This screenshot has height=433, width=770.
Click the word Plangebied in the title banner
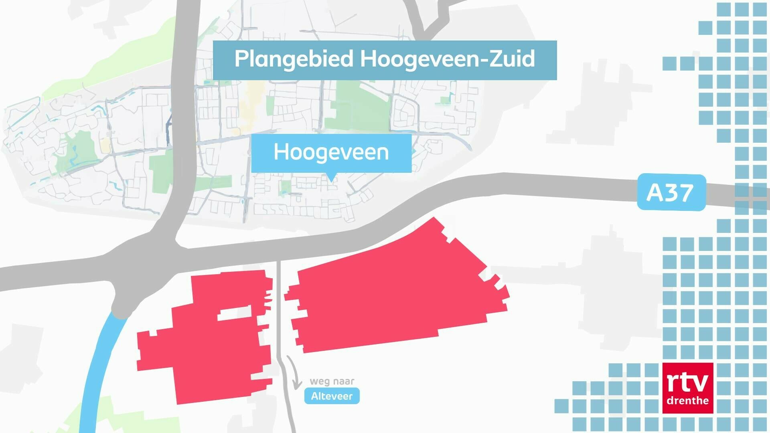tap(294, 59)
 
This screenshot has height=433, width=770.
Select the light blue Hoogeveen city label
tap(331, 152)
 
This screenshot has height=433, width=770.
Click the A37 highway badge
tap(671, 192)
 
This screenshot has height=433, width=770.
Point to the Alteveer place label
tap(332, 396)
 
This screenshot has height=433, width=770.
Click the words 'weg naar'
tap(332, 381)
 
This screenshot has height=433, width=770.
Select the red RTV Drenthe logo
tap(688, 388)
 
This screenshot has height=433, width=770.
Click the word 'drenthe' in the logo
tap(687, 400)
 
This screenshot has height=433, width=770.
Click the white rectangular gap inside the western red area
tap(235, 313)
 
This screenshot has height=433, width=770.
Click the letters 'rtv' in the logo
tap(687, 384)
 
